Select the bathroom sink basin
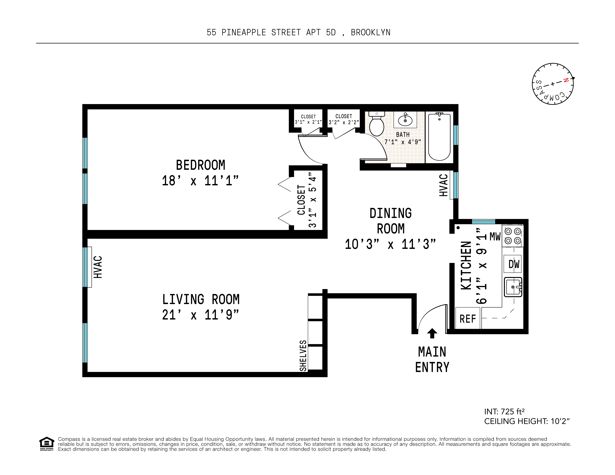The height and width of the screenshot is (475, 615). pyautogui.click(x=405, y=121)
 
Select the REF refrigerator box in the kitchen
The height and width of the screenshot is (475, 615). pyautogui.click(x=467, y=319)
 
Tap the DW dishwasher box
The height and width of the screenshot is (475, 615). pyautogui.click(x=513, y=264)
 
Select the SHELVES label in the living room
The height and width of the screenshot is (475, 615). pyautogui.click(x=303, y=356)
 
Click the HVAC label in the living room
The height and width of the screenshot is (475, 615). pyautogui.click(x=98, y=267)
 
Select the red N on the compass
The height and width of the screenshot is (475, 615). pyautogui.click(x=566, y=80)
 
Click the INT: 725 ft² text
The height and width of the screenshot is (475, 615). pyautogui.click(x=504, y=412)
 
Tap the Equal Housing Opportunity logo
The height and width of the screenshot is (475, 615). pyautogui.click(x=46, y=443)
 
